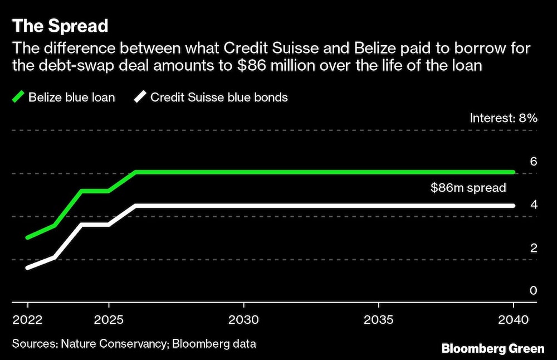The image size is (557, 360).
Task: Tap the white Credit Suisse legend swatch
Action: pos(140,98)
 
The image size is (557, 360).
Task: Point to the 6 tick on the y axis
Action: pos(533,162)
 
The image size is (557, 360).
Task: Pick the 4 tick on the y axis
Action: pos(533,205)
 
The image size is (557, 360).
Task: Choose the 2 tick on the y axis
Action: pos(533,248)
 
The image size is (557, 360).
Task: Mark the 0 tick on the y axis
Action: pos(533,291)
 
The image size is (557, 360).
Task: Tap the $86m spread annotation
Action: pos(468,188)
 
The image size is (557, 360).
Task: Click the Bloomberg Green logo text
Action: pos(493,349)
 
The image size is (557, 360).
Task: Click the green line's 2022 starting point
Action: pos(28,238)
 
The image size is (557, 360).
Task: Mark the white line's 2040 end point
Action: pos(512,206)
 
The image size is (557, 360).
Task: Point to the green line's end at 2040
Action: pos(512,172)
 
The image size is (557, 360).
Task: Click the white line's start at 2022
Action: pos(28,268)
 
